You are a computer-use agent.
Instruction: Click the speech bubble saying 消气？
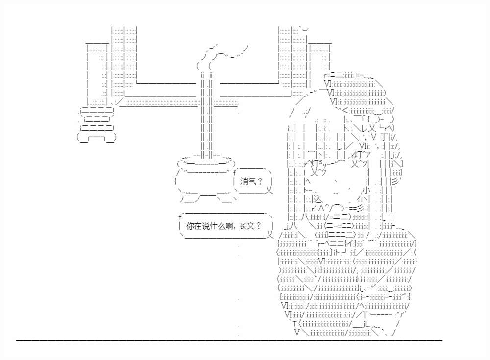tap(253, 182)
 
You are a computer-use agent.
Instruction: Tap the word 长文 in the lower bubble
tap(247, 226)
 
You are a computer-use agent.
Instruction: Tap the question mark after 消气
tap(260, 182)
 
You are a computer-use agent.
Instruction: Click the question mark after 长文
tap(258, 226)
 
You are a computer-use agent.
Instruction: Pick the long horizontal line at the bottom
tap(229, 340)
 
